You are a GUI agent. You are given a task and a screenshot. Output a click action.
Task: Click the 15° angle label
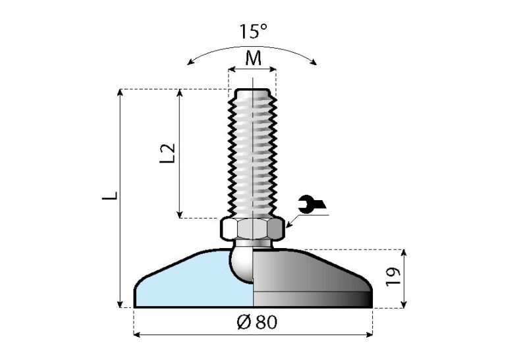pos(253,32)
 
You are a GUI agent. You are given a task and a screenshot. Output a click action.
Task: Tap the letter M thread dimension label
pos(253,58)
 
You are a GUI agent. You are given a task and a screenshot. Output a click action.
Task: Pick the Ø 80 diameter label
pos(253,322)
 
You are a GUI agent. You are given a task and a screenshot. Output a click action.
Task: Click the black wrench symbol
pos(311,205)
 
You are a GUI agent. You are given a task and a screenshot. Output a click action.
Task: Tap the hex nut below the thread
pos(253,228)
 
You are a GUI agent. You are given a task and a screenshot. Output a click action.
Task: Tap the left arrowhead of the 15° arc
pos(190,63)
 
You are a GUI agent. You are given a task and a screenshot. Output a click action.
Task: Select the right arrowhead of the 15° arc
pos(315,63)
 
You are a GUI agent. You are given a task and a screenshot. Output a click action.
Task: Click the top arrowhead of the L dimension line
pos(120,93)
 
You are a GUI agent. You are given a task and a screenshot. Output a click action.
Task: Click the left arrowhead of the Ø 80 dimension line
pos(138,335)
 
